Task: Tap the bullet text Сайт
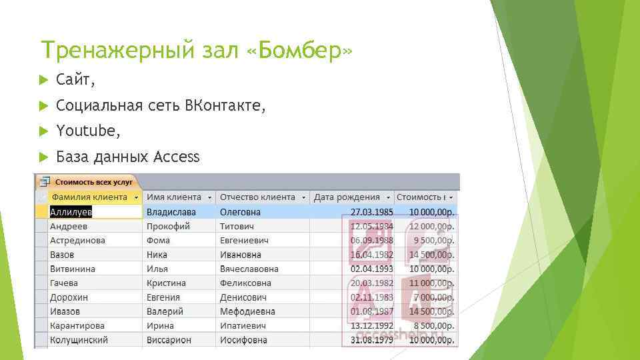(75, 81)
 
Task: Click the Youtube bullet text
(88, 131)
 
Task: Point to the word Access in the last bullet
(176, 157)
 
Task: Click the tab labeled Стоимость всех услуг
(93, 181)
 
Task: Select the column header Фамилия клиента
(89, 197)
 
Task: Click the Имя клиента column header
(174, 197)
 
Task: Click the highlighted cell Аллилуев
(71, 212)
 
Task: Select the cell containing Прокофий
(168, 226)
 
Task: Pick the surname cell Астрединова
(77, 241)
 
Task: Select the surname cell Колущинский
(79, 340)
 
